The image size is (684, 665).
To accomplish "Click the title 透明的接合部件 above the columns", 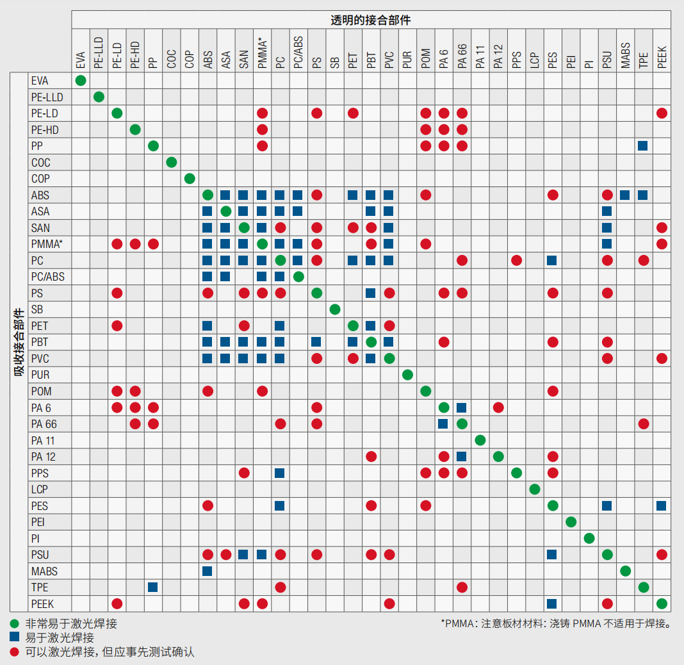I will click(x=371, y=20).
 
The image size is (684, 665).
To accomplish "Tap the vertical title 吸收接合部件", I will click(x=19, y=343).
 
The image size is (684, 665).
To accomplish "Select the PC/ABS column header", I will click(x=298, y=52).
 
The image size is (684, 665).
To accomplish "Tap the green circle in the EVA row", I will click(x=81, y=81).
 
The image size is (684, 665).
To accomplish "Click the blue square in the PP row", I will click(x=643, y=146).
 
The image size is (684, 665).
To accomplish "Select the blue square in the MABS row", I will click(x=208, y=571).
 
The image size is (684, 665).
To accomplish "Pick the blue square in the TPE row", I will click(x=153, y=587).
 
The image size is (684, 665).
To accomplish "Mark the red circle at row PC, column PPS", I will click(x=516, y=260).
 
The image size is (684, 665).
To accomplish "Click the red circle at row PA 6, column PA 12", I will click(x=498, y=407).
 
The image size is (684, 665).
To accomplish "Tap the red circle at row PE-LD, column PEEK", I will click(x=662, y=113).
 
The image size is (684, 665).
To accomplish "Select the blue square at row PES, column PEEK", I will click(x=662, y=505).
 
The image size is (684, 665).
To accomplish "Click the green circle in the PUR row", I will click(x=407, y=375).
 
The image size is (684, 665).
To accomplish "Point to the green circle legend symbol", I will click(x=14, y=623).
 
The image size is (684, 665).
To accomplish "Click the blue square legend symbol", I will click(x=14, y=637).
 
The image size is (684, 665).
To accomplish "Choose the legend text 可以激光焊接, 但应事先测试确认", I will click(x=110, y=652).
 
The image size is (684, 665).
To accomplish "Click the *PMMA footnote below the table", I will click(x=555, y=623).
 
